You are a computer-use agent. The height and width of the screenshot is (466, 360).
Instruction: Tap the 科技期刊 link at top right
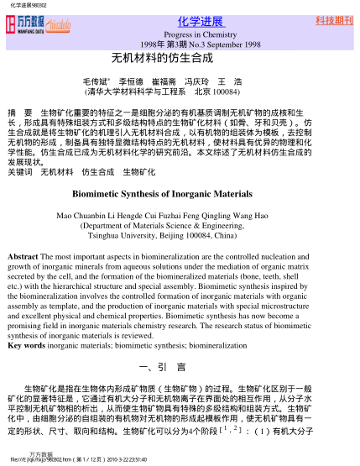pyautogui.click(x=333, y=19)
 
